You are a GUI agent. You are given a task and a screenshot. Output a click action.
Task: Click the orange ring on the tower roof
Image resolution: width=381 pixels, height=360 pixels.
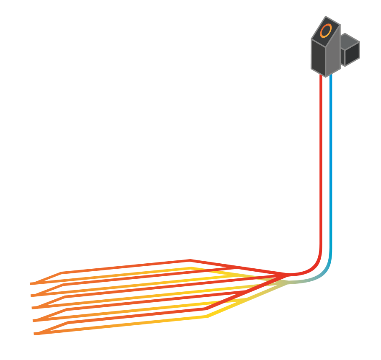click(326, 31)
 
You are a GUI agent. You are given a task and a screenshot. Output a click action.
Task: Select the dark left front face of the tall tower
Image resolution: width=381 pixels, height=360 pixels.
click(318, 57)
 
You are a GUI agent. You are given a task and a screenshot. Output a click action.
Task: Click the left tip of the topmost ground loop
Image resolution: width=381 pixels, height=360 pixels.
click(31, 284)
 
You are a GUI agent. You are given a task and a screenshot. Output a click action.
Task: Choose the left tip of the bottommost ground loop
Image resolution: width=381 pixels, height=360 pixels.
click(35, 334)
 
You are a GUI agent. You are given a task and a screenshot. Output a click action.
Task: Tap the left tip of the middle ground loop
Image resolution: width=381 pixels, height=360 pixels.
click(33, 308)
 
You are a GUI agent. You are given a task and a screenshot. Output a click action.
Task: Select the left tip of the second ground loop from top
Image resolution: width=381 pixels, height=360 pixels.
click(32, 296)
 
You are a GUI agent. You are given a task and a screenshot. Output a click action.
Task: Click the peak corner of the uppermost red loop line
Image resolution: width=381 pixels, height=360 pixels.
click(190, 261)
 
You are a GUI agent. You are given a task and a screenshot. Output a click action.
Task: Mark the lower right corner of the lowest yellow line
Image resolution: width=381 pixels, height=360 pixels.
click(208, 316)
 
